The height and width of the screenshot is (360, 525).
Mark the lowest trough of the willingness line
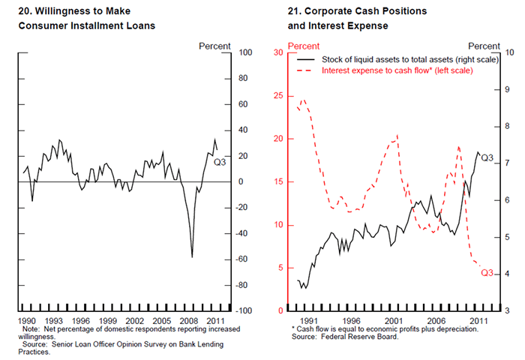[192, 257]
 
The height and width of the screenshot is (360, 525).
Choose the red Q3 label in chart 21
[487, 271]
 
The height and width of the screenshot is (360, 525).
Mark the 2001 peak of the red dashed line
[397, 135]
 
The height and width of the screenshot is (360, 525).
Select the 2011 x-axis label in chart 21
[476, 319]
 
